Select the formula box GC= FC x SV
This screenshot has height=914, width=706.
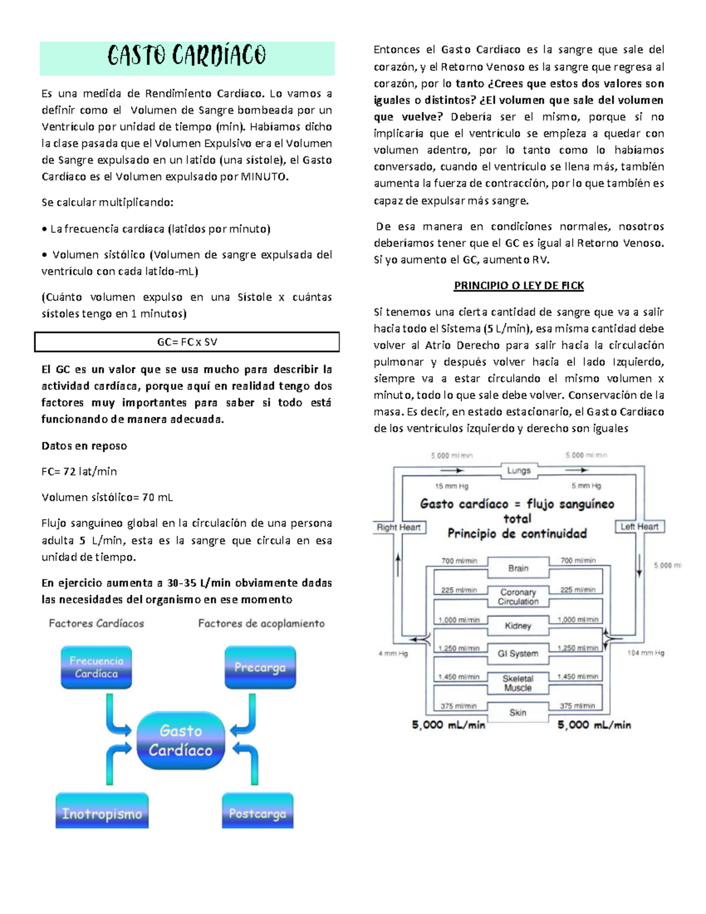pyautogui.click(x=187, y=342)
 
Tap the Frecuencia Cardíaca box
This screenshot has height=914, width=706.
pyautogui.click(x=96, y=667)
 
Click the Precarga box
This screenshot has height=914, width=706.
pyautogui.click(x=260, y=667)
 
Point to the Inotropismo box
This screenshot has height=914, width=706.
pyautogui.click(x=102, y=813)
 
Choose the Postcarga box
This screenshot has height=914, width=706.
pyautogui.click(x=258, y=813)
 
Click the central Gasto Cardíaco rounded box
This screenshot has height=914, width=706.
pyautogui.click(x=181, y=740)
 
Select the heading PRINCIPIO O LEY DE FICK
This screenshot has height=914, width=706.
pyautogui.click(x=518, y=286)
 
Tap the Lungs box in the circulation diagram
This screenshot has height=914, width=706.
pyautogui.click(x=518, y=470)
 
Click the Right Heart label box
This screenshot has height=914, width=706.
pyautogui.click(x=399, y=527)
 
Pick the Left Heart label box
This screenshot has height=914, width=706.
pyautogui.click(x=639, y=527)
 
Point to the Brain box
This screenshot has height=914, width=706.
pyautogui.click(x=518, y=568)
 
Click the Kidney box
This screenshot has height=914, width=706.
pyautogui.click(x=518, y=626)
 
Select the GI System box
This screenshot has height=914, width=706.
pyautogui.click(x=518, y=653)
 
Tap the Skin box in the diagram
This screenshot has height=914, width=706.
pyautogui.click(x=518, y=712)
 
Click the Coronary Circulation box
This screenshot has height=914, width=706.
pyautogui.click(x=518, y=597)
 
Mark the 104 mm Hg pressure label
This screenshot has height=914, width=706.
pyautogui.click(x=645, y=653)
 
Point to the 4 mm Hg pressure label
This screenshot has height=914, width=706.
pyautogui.click(x=393, y=653)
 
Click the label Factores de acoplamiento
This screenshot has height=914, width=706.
pyautogui.click(x=261, y=623)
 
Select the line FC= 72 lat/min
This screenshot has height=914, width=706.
pyautogui.click(x=79, y=471)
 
